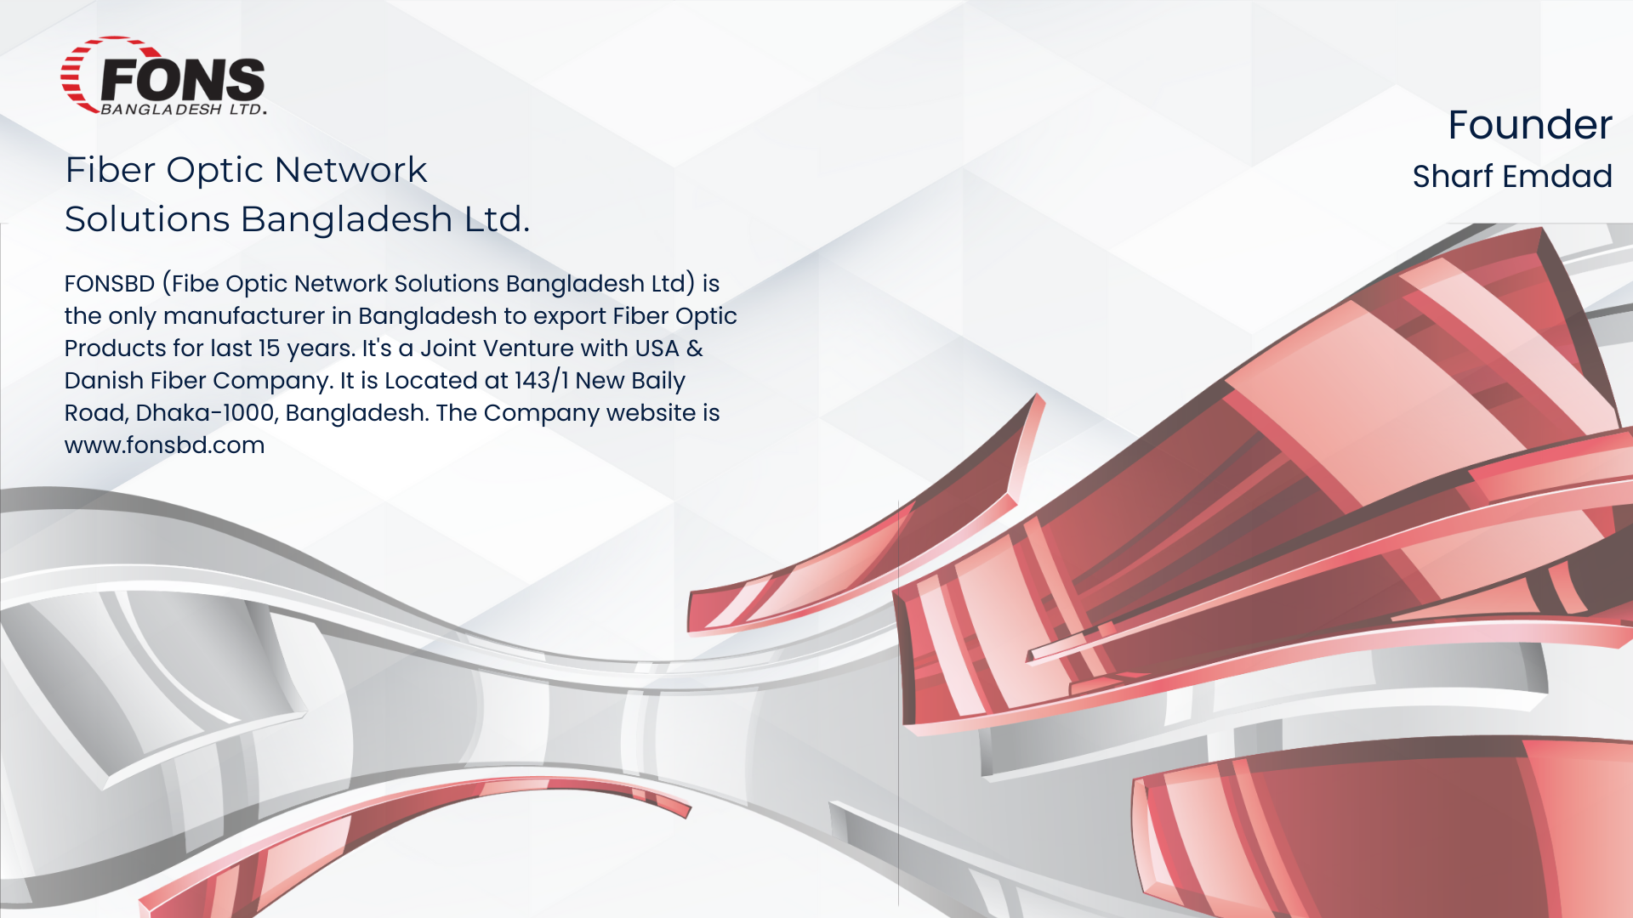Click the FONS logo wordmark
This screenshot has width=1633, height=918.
(182, 79)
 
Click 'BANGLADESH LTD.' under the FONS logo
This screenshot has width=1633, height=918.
(183, 110)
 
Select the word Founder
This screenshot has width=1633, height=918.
(1529, 125)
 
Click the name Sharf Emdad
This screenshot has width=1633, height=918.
(1511, 176)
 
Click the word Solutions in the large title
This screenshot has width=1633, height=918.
(147, 219)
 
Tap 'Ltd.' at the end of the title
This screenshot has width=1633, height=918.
(497, 219)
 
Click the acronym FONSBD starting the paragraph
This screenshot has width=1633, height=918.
(109, 283)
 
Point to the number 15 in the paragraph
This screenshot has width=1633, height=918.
(269, 348)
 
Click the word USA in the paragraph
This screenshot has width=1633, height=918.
(657, 348)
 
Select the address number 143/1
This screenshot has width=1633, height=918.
(541, 381)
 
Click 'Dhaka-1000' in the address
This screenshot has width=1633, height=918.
(205, 413)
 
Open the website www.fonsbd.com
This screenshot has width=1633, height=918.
(164, 445)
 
